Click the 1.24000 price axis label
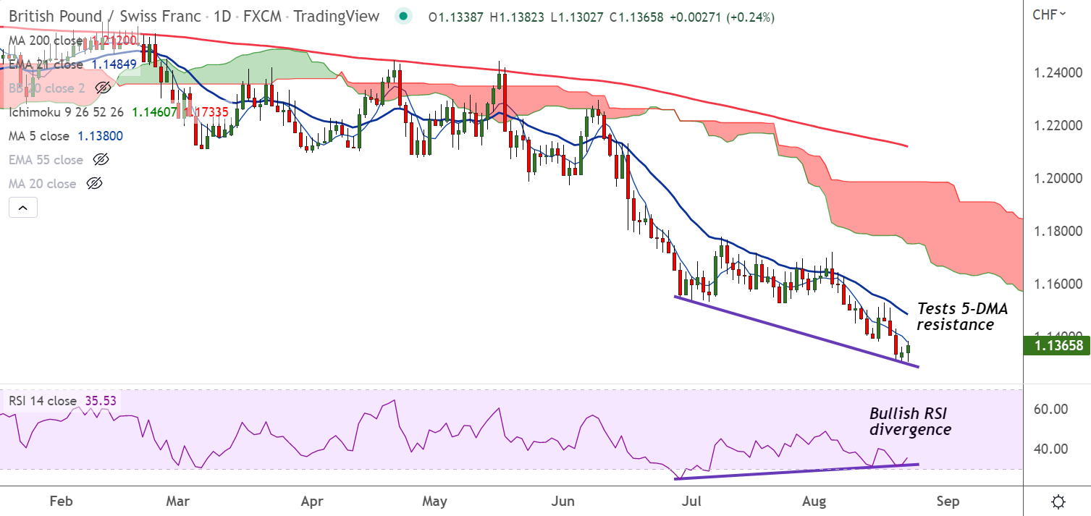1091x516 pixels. pos(1057,73)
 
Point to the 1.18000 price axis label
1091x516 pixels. pos(1057,231)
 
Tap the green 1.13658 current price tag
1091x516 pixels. pos(1057,346)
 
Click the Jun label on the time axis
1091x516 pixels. pos(563,501)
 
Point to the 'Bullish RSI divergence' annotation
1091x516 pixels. pos(911,421)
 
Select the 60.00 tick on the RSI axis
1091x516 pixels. pos(1051,409)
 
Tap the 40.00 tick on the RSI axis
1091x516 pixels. pos(1051,449)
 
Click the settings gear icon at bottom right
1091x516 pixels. pos(1058,502)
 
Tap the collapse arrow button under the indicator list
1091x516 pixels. pos(22,208)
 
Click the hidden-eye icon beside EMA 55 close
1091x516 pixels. pos(101,159)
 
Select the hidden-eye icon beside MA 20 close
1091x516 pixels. pos(93,183)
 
